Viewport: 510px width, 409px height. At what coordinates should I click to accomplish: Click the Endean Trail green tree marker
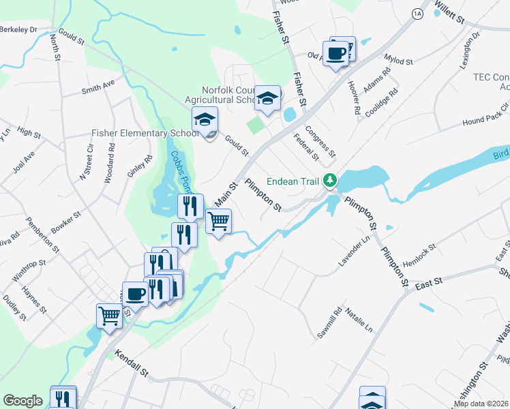(x=331, y=181)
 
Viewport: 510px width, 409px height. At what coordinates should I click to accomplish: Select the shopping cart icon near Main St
(x=218, y=222)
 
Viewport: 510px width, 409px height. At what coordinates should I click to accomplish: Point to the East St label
(x=430, y=282)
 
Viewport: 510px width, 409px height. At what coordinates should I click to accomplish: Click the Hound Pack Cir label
(x=486, y=115)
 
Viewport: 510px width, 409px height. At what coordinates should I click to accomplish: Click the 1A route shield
(x=418, y=13)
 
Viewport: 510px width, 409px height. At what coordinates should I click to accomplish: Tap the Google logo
(x=22, y=401)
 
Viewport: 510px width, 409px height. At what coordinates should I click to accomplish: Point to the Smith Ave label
(x=98, y=87)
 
